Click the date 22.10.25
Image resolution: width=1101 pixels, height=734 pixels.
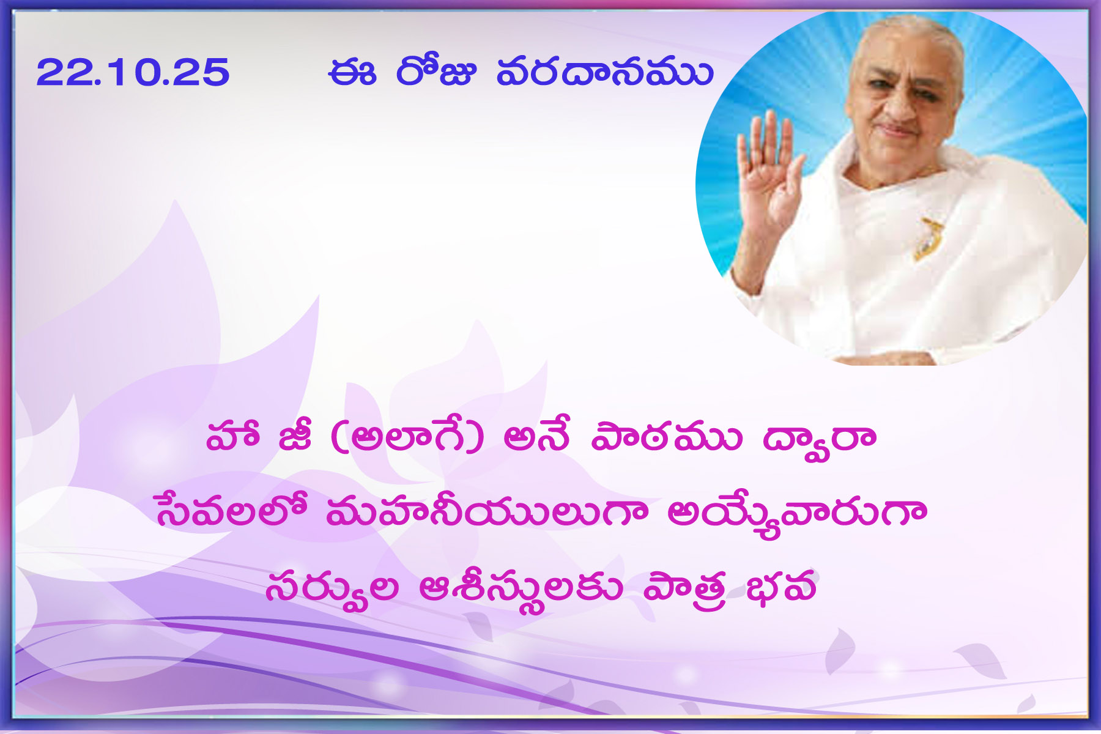(133, 72)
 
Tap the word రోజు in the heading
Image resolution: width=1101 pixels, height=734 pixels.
(435, 71)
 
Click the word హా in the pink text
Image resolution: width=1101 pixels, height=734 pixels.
(232, 436)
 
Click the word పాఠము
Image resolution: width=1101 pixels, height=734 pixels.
(666, 436)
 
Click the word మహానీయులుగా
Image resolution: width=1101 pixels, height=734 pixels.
(487, 511)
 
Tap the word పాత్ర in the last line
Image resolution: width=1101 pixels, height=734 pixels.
(684, 588)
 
